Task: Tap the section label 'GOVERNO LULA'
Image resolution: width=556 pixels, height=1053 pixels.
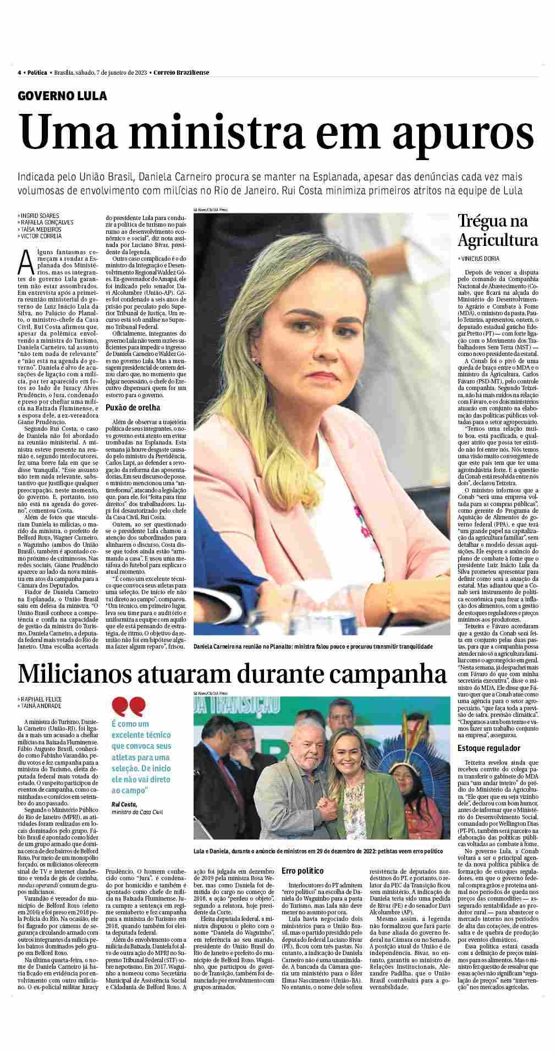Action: click(62, 96)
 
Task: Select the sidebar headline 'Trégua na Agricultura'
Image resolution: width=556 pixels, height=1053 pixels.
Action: click(498, 231)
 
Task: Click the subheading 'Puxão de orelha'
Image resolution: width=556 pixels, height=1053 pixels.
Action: click(133, 408)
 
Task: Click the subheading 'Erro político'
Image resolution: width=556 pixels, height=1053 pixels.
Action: click(302, 886)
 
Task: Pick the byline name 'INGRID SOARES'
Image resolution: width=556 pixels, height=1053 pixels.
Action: click(40, 216)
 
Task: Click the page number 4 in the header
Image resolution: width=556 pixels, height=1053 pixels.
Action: click(19, 73)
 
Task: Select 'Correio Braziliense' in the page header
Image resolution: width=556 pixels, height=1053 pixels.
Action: click(181, 73)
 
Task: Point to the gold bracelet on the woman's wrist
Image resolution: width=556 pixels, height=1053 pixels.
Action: click(390, 591)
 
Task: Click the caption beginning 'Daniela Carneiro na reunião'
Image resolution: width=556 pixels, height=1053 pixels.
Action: click(313, 646)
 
